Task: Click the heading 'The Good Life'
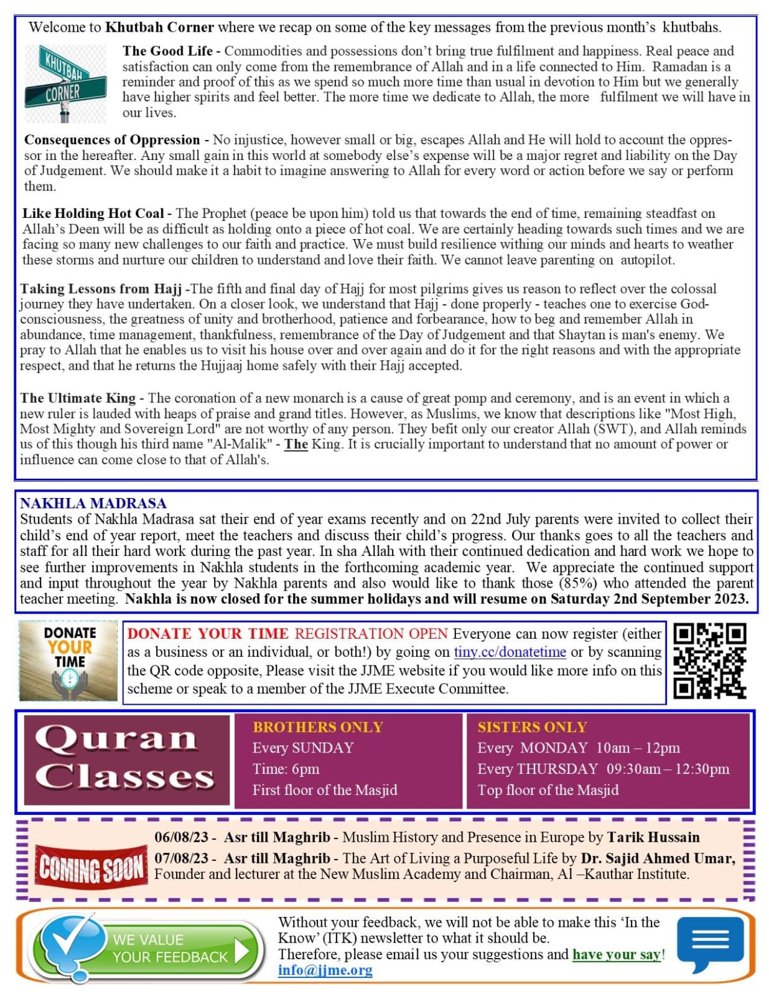click(x=167, y=51)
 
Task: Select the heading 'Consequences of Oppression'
click(x=112, y=140)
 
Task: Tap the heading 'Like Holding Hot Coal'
click(x=93, y=214)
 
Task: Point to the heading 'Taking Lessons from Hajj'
click(x=101, y=289)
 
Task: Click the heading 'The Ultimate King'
click(x=78, y=398)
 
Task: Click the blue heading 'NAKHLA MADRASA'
click(x=93, y=503)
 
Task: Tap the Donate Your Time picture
click(x=68, y=661)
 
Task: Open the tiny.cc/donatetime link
click(x=510, y=652)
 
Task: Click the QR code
click(x=709, y=661)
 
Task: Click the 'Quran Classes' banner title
click(x=126, y=759)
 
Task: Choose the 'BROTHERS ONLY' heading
click(x=317, y=727)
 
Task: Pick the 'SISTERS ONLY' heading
click(x=532, y=727)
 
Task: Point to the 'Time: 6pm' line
click(x=286, y=769)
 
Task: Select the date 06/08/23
click(x=180, y=837)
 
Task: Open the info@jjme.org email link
click(x=325, y=970)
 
